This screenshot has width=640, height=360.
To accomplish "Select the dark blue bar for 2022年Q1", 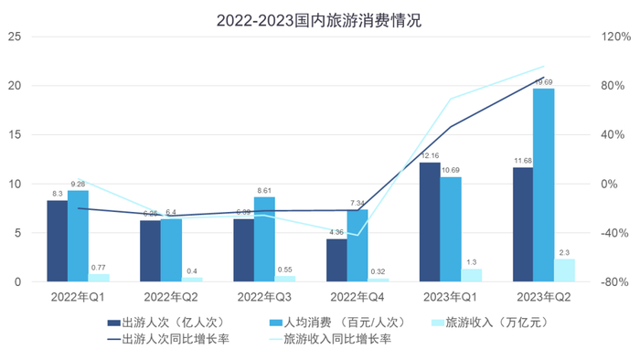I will pyautogui.click(x=57, y=241).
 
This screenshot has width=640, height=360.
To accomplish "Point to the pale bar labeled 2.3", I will pyautogui.click(x=565, y=270).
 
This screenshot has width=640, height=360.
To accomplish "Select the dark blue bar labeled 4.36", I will pyautogui.click(x=336, y=260).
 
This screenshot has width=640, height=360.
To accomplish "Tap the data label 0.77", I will pyautogui.click(x=100, y=267).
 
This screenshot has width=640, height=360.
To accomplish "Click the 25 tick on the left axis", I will pyautogui.click(x=15, y=37).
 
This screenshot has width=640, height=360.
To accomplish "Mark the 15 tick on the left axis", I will pyautogui.click(x=15, y=134).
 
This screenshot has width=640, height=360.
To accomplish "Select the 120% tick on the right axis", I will pyautogui.click(x=612, y=37).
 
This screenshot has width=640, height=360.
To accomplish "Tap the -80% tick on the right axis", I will pyautogui.click(x=612, y=282).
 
